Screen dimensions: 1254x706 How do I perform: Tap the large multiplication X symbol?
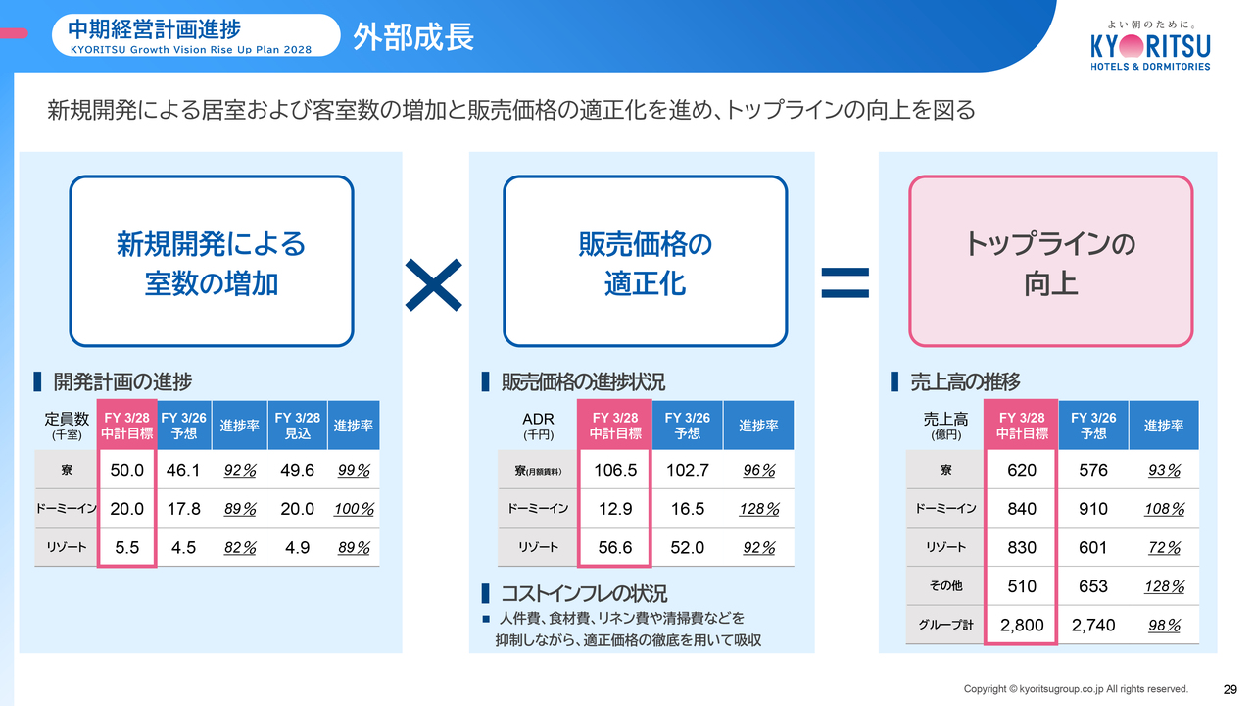[x=433, y=284]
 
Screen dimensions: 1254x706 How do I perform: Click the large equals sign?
[x=844, y=282]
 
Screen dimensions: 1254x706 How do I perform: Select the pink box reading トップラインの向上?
[x=1050, y=261]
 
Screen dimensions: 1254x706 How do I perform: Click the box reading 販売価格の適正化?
[x=645, y=261]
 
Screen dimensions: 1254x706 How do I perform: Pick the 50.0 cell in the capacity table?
[x=127, y=470]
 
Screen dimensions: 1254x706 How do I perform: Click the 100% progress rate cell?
[x=354, y=509]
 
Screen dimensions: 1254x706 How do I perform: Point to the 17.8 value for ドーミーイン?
[x=183, y=509]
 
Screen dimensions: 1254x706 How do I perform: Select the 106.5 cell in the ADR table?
[x=615, y=470]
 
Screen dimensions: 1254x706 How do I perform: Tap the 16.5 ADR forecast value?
[x=688, y=509]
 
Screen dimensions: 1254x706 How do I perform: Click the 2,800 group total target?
[x=1022, y=625]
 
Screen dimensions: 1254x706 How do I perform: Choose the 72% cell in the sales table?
[x=1165, y=547]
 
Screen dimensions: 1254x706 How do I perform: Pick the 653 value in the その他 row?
[x=1092, y=586]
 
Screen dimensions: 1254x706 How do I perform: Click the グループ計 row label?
[x=945, y=625]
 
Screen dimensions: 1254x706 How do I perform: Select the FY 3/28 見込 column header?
[x=297, y=426]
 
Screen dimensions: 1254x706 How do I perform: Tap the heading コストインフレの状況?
[x=584, y=593]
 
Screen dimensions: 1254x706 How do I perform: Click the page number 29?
[x=1230, y=689]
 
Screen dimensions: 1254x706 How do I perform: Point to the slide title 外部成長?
[x=413, y=37]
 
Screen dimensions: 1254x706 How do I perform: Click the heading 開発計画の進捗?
[x=122, y=381]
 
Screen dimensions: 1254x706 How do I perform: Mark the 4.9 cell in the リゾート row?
[x=297, y=547]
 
